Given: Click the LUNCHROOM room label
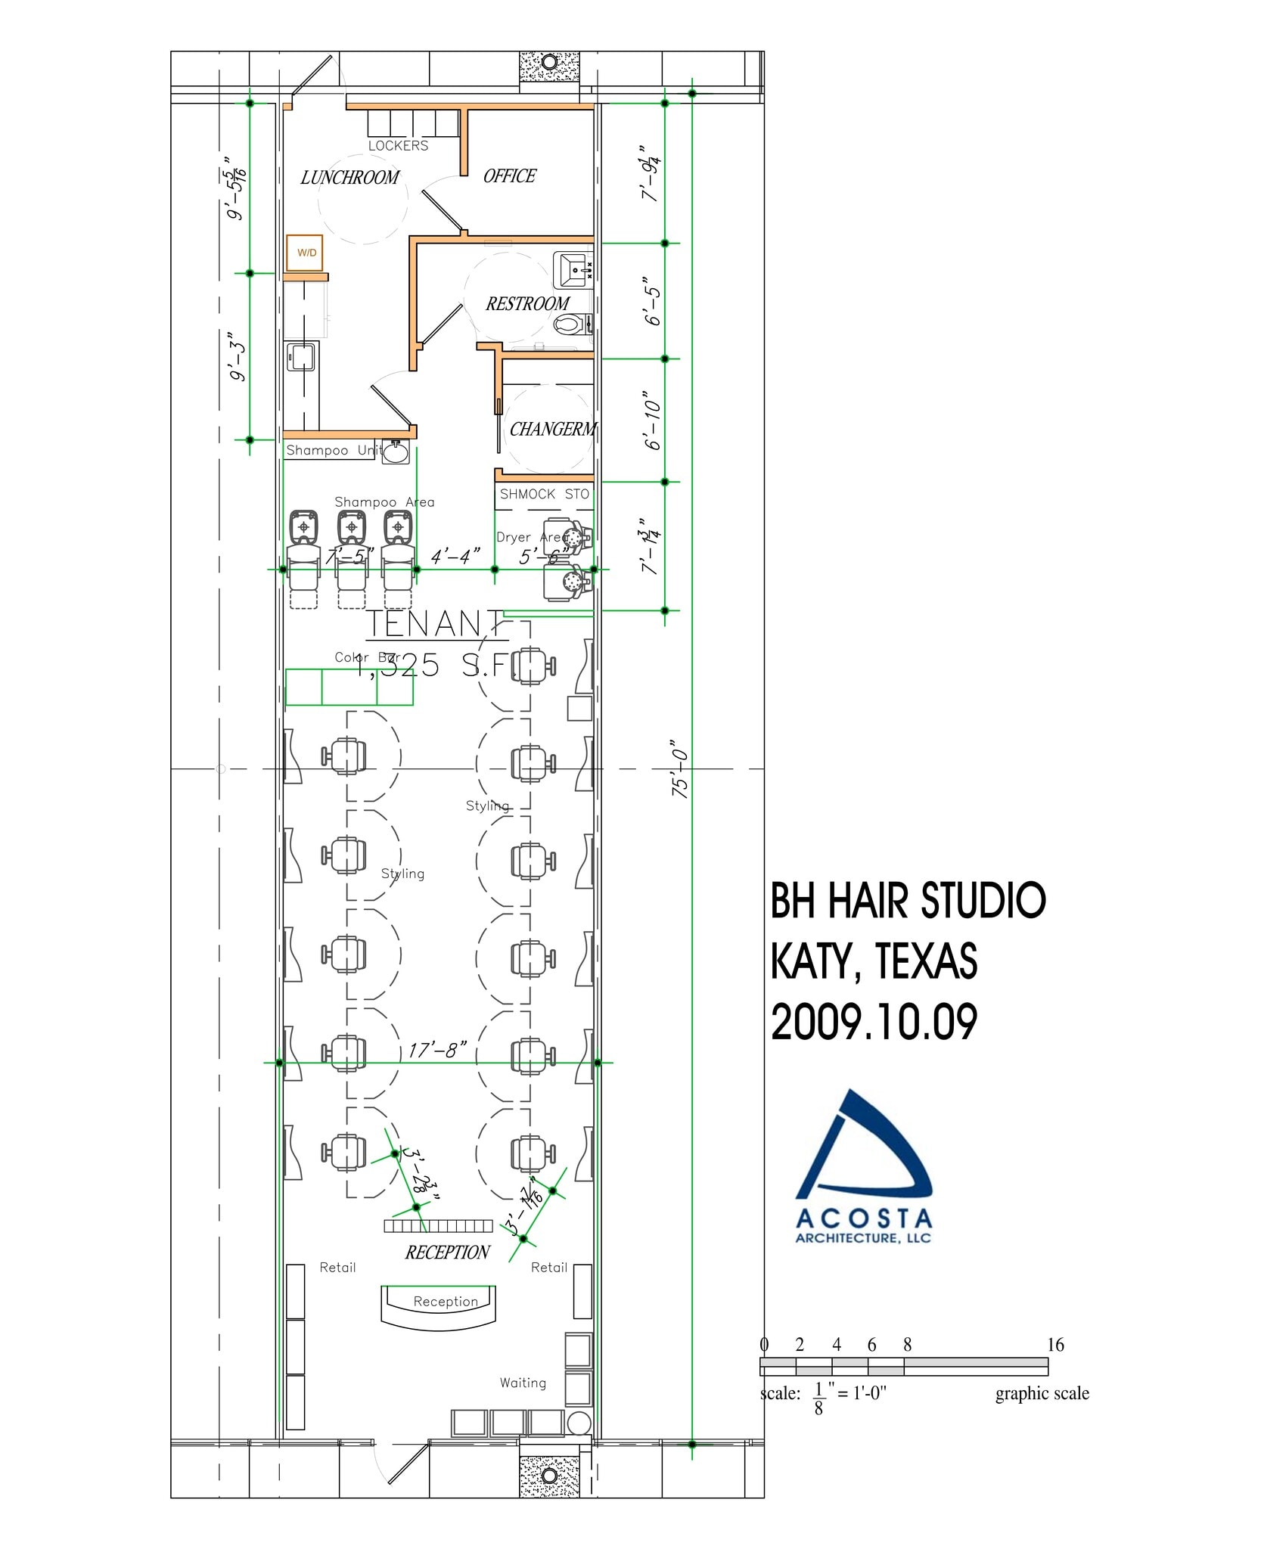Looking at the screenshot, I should coord(349,178).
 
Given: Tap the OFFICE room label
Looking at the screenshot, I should coord(509,176).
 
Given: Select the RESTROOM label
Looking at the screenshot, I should coord(527,304).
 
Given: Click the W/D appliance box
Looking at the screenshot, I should coord(306,253).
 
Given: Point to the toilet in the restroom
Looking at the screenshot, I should coord(572,324).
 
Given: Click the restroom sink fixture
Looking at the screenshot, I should coord(573,270).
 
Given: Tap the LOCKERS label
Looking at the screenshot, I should coord(398,146).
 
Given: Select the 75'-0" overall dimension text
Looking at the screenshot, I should coord(679,768).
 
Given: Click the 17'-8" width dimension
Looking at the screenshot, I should coord(437,1050).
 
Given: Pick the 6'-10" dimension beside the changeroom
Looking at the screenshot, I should coord(652,421).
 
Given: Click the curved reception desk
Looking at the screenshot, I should coord(438,1305).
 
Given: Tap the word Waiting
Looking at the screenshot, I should coord(523,1383).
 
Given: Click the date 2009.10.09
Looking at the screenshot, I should coord(874,1023).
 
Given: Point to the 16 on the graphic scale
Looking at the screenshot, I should coord(1055,1345).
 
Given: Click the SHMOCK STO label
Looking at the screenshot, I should coord(544,494).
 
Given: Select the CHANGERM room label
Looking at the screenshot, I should coord(553,430).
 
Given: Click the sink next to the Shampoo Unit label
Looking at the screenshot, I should coord(396,452).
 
